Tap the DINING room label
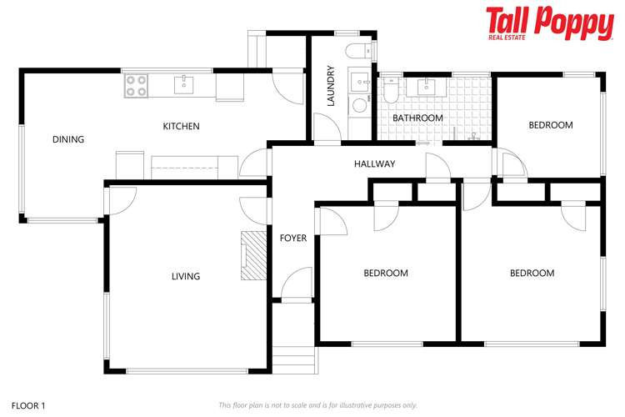68,139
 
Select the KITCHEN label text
181,127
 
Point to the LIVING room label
185,276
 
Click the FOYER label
292,239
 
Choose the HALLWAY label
374,164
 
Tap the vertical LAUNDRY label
331,86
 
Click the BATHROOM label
417,118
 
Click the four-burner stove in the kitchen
136,85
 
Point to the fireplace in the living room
253,256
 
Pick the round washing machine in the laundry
359,105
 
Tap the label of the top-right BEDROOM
551,125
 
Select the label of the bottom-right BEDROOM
532,274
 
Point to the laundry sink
360,82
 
